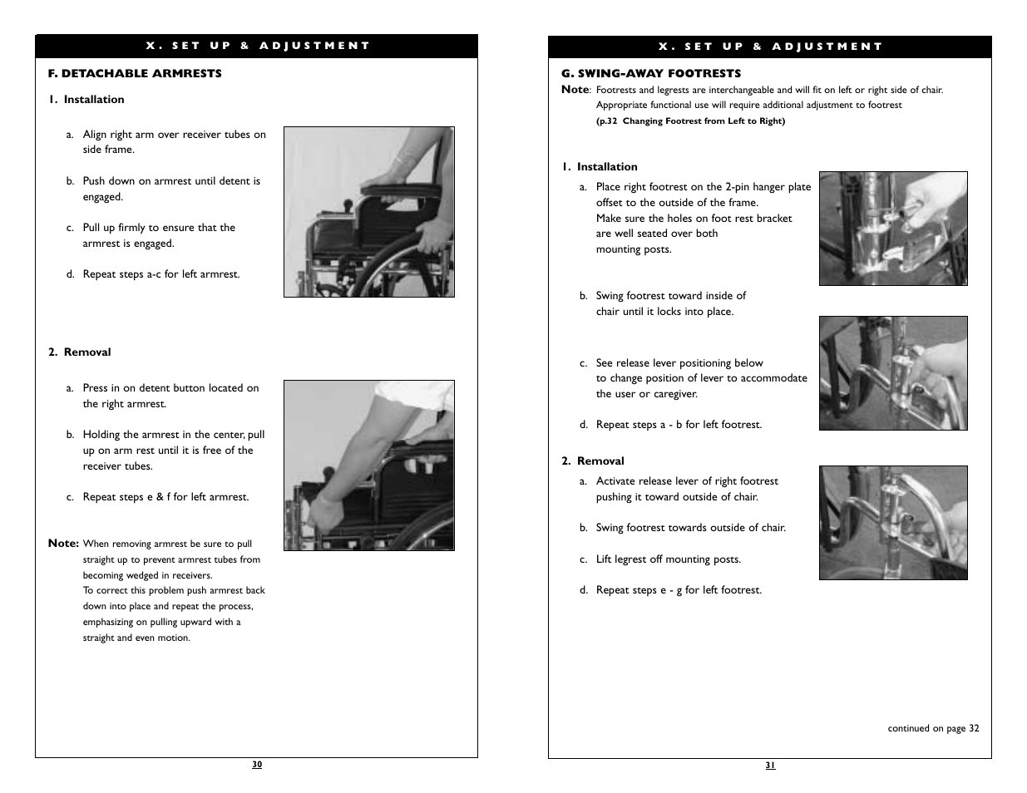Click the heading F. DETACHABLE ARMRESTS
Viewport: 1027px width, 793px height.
pyautogui.click(x=135, y=73)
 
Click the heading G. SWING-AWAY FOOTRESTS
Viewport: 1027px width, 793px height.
pyautogui.click(x=651, y=73)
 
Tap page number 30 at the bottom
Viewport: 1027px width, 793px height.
pyautogui.click(x=257, y=765)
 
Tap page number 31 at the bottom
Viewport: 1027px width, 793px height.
pyautogui.click(x=770, y=766)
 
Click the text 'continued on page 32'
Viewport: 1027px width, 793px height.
pyautogui.click(x=933, y=728)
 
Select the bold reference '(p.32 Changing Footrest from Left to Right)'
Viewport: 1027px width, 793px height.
pyautogui.click(x=690, y=121)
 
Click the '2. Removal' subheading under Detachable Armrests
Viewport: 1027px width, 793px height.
pyautogui.click(x=80, y=352)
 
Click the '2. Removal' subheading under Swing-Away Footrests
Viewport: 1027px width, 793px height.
pyautogui.click(x=593, y=461)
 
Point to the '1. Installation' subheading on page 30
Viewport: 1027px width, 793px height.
pyautogui.click(x=86, y=99)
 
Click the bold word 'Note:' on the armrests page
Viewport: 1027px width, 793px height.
pyautogui.click(x=63, y=543)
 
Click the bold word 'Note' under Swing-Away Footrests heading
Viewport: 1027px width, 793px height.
pyautogui.click(x=575, y=89)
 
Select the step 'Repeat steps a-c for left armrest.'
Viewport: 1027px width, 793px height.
pyautogui.click(x=160, y=274)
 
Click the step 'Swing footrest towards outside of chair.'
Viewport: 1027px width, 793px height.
pyautogui.click(x=690, y=528)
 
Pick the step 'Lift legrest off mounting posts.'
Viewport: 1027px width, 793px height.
pyautogui.click(x=668, y=559)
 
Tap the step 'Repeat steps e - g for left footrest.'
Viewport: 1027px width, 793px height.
pyautogui.click(x=678, y=590)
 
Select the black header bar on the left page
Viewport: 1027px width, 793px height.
pyautogui.click(x=256, y=46)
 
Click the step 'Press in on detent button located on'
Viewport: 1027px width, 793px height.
pyautogui.click(x=170, y=388)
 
